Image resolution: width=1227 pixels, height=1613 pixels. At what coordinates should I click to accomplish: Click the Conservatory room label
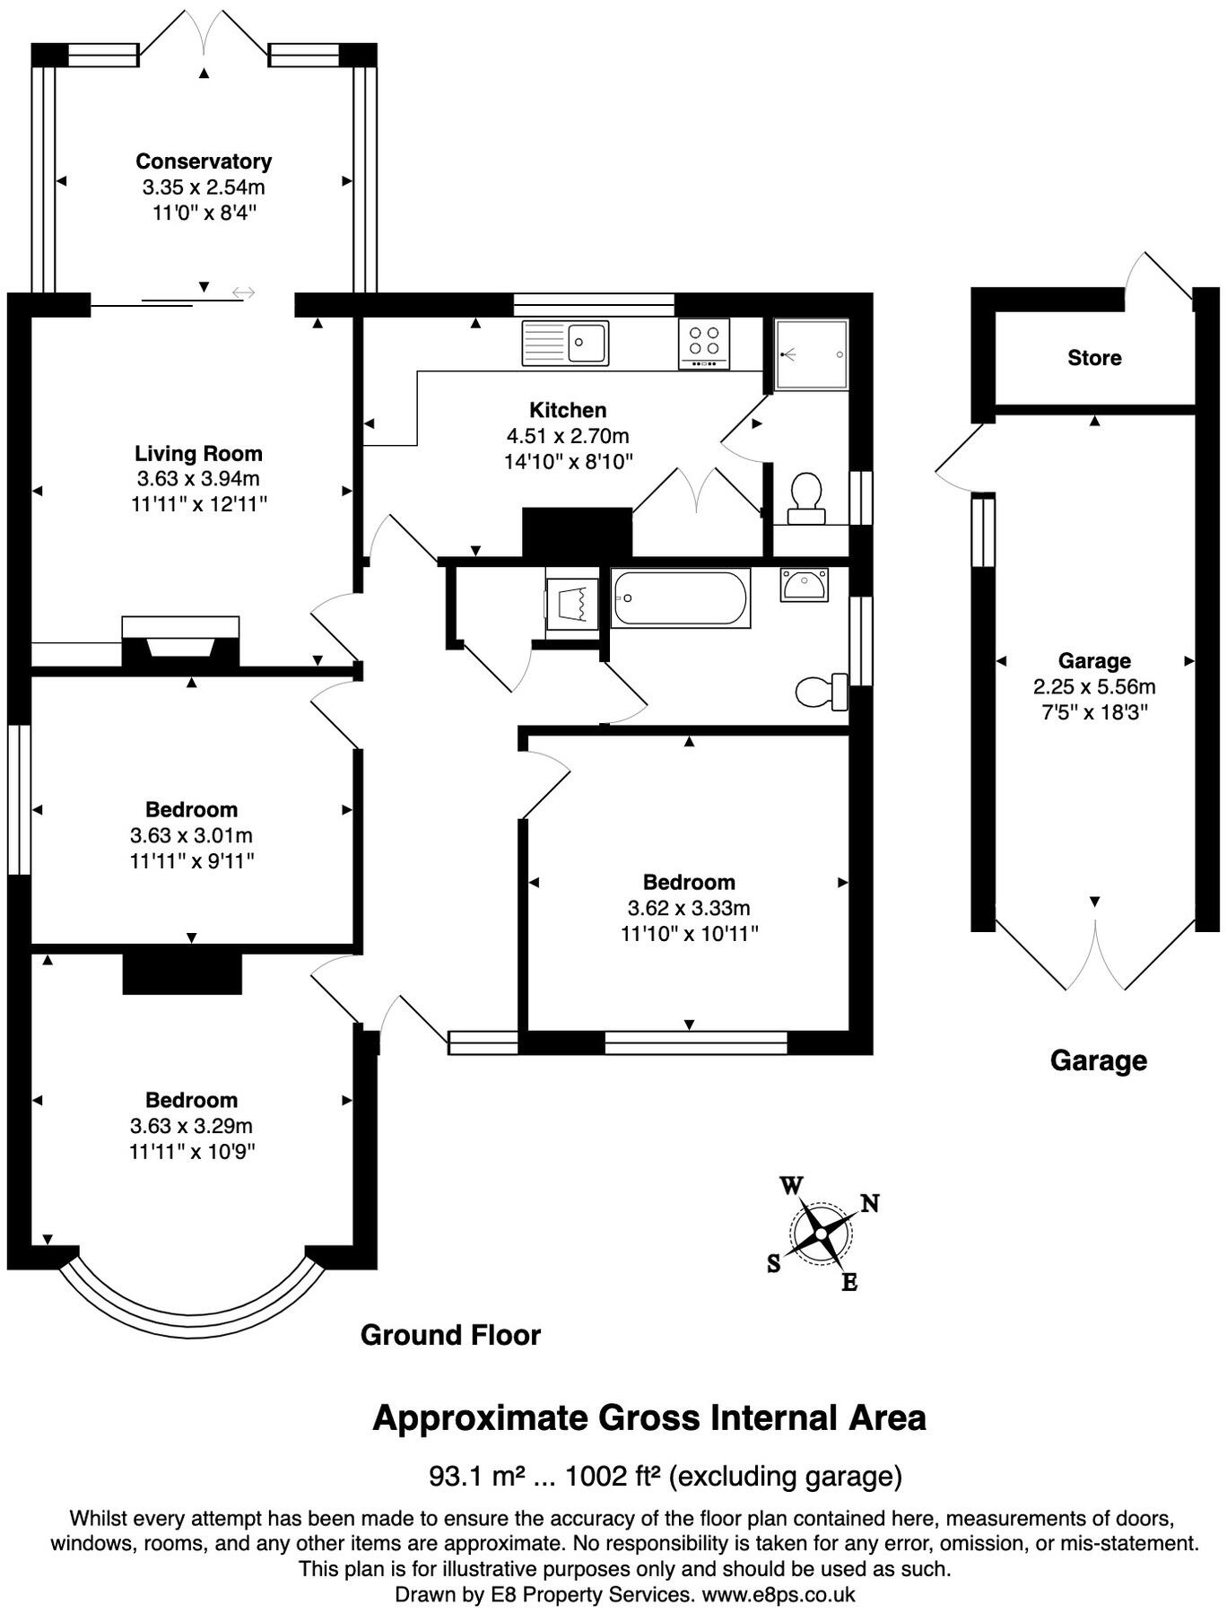204,161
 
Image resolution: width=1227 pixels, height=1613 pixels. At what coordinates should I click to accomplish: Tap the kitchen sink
565,343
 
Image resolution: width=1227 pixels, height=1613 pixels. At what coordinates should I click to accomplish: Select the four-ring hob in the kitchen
704,344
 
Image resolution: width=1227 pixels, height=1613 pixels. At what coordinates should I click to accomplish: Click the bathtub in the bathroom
681,597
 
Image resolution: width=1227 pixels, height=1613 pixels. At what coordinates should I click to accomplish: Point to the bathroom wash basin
804,585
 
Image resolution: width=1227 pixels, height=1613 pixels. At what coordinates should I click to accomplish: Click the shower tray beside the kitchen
812,354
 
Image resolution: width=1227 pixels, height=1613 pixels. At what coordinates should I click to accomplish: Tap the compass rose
821,1234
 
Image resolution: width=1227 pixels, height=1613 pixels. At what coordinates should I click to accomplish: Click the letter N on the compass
869,1203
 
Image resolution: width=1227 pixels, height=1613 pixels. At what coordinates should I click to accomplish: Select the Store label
1094,358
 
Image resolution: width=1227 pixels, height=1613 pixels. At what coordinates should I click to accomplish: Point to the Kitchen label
568,410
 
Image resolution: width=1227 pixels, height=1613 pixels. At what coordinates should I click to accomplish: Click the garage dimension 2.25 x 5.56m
1094,687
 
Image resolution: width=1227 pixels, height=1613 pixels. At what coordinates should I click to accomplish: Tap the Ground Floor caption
450,1335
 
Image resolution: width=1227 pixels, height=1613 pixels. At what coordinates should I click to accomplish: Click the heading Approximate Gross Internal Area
649,1418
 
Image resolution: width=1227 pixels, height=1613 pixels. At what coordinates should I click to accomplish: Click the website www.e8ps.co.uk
778,1594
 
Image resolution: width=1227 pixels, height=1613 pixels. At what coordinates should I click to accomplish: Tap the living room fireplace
180,641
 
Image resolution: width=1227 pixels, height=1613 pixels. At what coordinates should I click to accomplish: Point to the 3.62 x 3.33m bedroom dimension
689,908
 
